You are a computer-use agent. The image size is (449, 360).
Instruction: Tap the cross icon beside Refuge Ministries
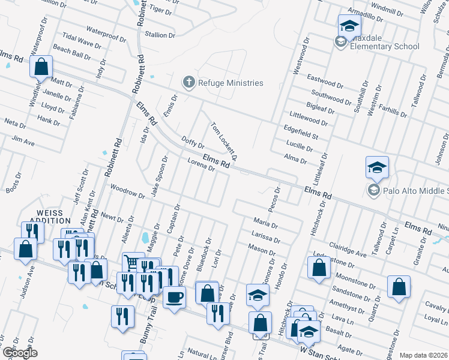(x=188, y=82)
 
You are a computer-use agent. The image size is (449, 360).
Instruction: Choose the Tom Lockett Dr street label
(x=224, y=142)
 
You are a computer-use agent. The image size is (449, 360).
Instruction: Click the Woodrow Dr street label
(x=128, y=191)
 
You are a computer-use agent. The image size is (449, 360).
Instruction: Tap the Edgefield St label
(x=301, y=133)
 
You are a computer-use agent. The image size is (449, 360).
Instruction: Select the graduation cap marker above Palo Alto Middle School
(x=377, y=167)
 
